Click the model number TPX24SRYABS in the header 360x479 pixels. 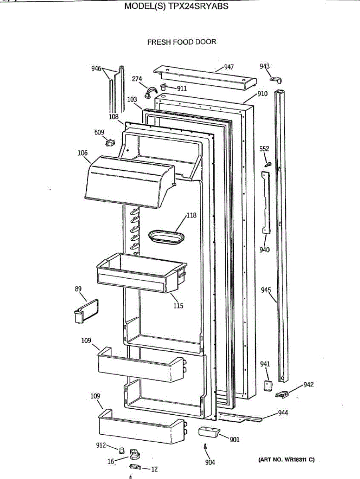tap(199, 6)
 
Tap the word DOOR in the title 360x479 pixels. tap(206, 42)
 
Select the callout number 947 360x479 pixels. tap(229, 67)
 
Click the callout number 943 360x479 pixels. tap(265, 66)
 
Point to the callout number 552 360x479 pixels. tap(264, 149)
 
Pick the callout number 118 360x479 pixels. tap(191, 216)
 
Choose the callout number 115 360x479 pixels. tap(178, 306)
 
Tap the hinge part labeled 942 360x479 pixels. tap(283, 394)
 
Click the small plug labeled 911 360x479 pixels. tap(163, 87)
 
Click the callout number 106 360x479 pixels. tap(83, 152)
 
